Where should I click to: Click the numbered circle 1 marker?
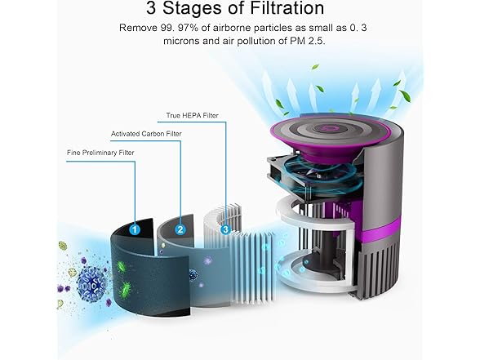135,229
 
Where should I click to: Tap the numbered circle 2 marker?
180,229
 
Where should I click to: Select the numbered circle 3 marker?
225,229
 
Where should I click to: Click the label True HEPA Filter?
193,115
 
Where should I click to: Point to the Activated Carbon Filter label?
146,134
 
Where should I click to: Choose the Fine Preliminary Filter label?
100,153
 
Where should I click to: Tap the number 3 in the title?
150,8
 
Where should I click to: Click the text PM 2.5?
307,41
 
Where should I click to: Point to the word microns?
181,41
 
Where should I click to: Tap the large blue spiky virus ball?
91,283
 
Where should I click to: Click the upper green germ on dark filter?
121,265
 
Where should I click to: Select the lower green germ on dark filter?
125,289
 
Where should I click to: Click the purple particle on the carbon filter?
208,261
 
